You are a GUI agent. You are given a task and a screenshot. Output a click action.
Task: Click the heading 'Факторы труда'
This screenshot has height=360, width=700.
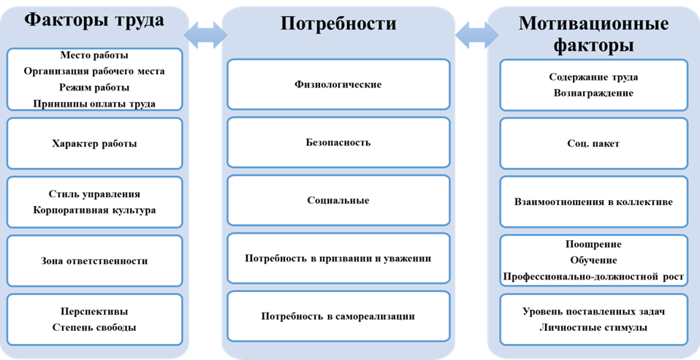(94, 20)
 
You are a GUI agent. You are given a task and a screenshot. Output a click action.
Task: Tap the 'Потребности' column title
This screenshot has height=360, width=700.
(338, 23)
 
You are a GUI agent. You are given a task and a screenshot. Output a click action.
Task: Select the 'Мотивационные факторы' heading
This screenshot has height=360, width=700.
(593, 34)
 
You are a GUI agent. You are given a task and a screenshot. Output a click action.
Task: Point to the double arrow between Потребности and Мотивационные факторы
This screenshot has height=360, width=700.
(476, 33)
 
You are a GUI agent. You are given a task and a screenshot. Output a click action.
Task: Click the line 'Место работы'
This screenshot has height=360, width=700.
(94, 55)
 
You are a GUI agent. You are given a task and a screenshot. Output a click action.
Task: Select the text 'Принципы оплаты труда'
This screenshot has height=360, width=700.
(94, 104)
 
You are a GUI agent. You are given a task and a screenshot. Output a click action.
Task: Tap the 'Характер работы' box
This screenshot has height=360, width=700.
(94, 144)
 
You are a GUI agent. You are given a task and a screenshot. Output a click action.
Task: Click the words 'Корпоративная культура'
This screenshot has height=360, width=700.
(94, 210)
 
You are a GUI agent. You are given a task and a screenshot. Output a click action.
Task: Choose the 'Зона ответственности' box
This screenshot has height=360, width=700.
(94, 261)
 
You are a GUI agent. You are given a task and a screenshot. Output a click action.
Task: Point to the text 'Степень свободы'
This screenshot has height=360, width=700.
(94, 327)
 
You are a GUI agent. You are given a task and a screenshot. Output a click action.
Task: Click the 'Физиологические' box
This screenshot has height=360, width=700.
(338, 85)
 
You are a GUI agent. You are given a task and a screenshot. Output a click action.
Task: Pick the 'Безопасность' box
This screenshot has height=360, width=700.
(338, 142)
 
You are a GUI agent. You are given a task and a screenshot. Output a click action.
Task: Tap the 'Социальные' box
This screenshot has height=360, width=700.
(338, 200)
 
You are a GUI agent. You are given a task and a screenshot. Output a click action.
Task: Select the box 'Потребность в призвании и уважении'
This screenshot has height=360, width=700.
(338, 258)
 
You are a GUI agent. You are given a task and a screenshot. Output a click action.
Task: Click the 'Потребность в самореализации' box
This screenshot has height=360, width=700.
(338, 316)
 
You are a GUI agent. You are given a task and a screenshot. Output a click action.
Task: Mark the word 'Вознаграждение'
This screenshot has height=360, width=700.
(593, 93)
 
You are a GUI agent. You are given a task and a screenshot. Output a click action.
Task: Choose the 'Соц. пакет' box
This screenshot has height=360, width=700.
(593, 144)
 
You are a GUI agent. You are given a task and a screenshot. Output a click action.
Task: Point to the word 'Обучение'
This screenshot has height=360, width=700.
(593, 261)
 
